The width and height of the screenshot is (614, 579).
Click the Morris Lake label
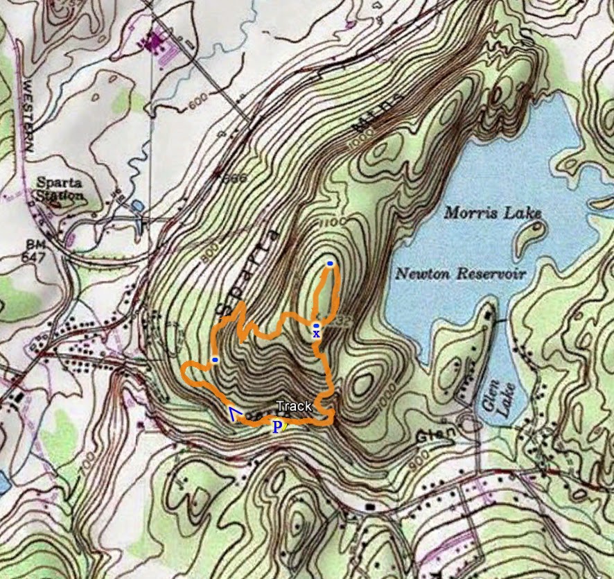(492, 213)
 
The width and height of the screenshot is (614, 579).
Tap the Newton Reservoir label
(460, 274)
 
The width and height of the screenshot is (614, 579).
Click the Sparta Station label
(59, 189)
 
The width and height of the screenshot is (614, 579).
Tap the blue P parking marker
(277, 427)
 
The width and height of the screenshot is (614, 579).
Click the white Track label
(294, 407)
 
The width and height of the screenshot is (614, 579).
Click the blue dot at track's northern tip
(331, 263)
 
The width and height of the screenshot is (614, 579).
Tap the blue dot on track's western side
(216, 359)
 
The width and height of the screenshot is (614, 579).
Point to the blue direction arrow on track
(234, 415)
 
